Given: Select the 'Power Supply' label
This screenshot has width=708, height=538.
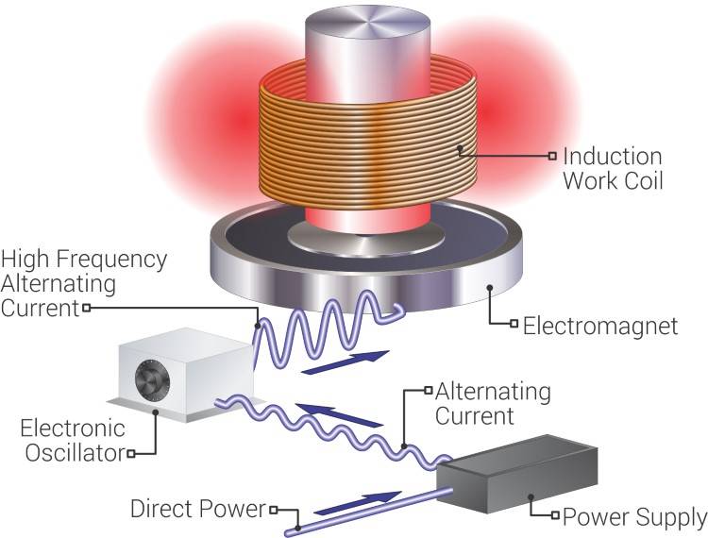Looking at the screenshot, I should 633,516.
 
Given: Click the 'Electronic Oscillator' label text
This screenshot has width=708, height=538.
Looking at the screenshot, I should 71,441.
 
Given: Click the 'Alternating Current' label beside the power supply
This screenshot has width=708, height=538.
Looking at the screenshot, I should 491,402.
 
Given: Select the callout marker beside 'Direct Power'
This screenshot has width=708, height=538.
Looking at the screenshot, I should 273,510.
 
